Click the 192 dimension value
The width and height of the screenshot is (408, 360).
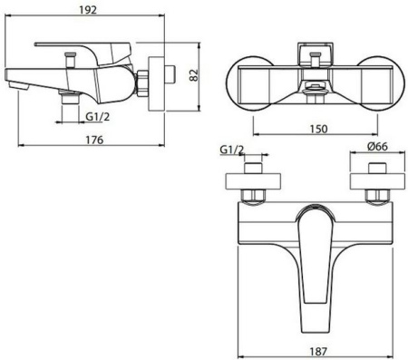point(88,10)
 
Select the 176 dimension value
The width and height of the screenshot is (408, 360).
point(94,140)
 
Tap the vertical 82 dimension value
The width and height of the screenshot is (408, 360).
point(194,75)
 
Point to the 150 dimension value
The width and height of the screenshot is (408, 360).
point(318,129)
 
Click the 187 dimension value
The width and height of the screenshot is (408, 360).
point(318,351)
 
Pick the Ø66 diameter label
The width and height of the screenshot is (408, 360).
point(377,146)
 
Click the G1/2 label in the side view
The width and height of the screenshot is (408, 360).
point(97,116)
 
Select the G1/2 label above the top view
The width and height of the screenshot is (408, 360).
point(231,150)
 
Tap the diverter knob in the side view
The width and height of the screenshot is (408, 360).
point(70,61)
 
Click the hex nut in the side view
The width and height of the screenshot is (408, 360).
point(142,83)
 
